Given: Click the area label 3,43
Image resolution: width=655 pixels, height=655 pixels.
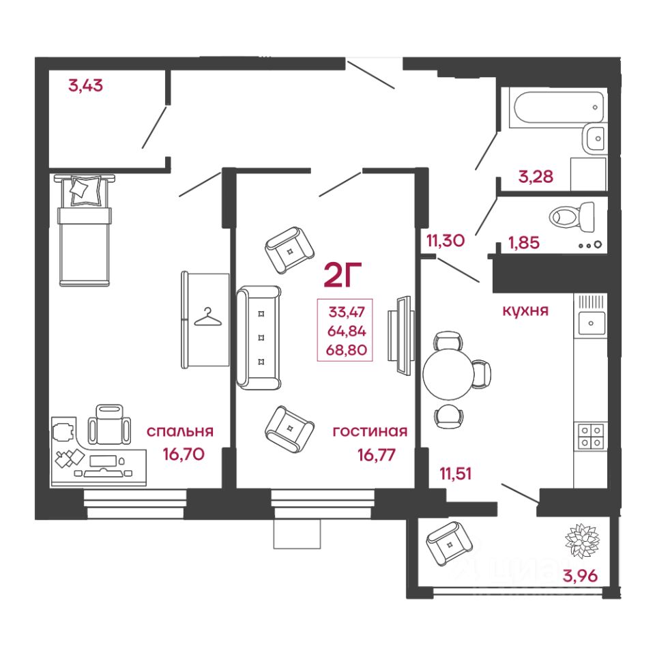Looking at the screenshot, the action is click(x=85, y=87).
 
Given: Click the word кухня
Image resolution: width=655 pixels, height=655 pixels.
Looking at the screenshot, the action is click(x=525, y=310).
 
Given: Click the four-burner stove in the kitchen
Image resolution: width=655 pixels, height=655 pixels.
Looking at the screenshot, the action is click(x=591, y=435).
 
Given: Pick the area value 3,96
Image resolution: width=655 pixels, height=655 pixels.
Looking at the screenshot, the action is click(x=580, y=577).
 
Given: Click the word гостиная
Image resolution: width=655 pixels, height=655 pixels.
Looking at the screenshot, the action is click(x=370, y=431).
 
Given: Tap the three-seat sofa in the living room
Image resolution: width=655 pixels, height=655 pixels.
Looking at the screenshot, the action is click(x=259, y=337).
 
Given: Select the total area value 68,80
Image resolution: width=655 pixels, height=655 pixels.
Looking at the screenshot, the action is click(x=348, y=351).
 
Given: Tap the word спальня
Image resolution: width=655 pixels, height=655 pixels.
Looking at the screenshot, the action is click(x=180, y=431).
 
